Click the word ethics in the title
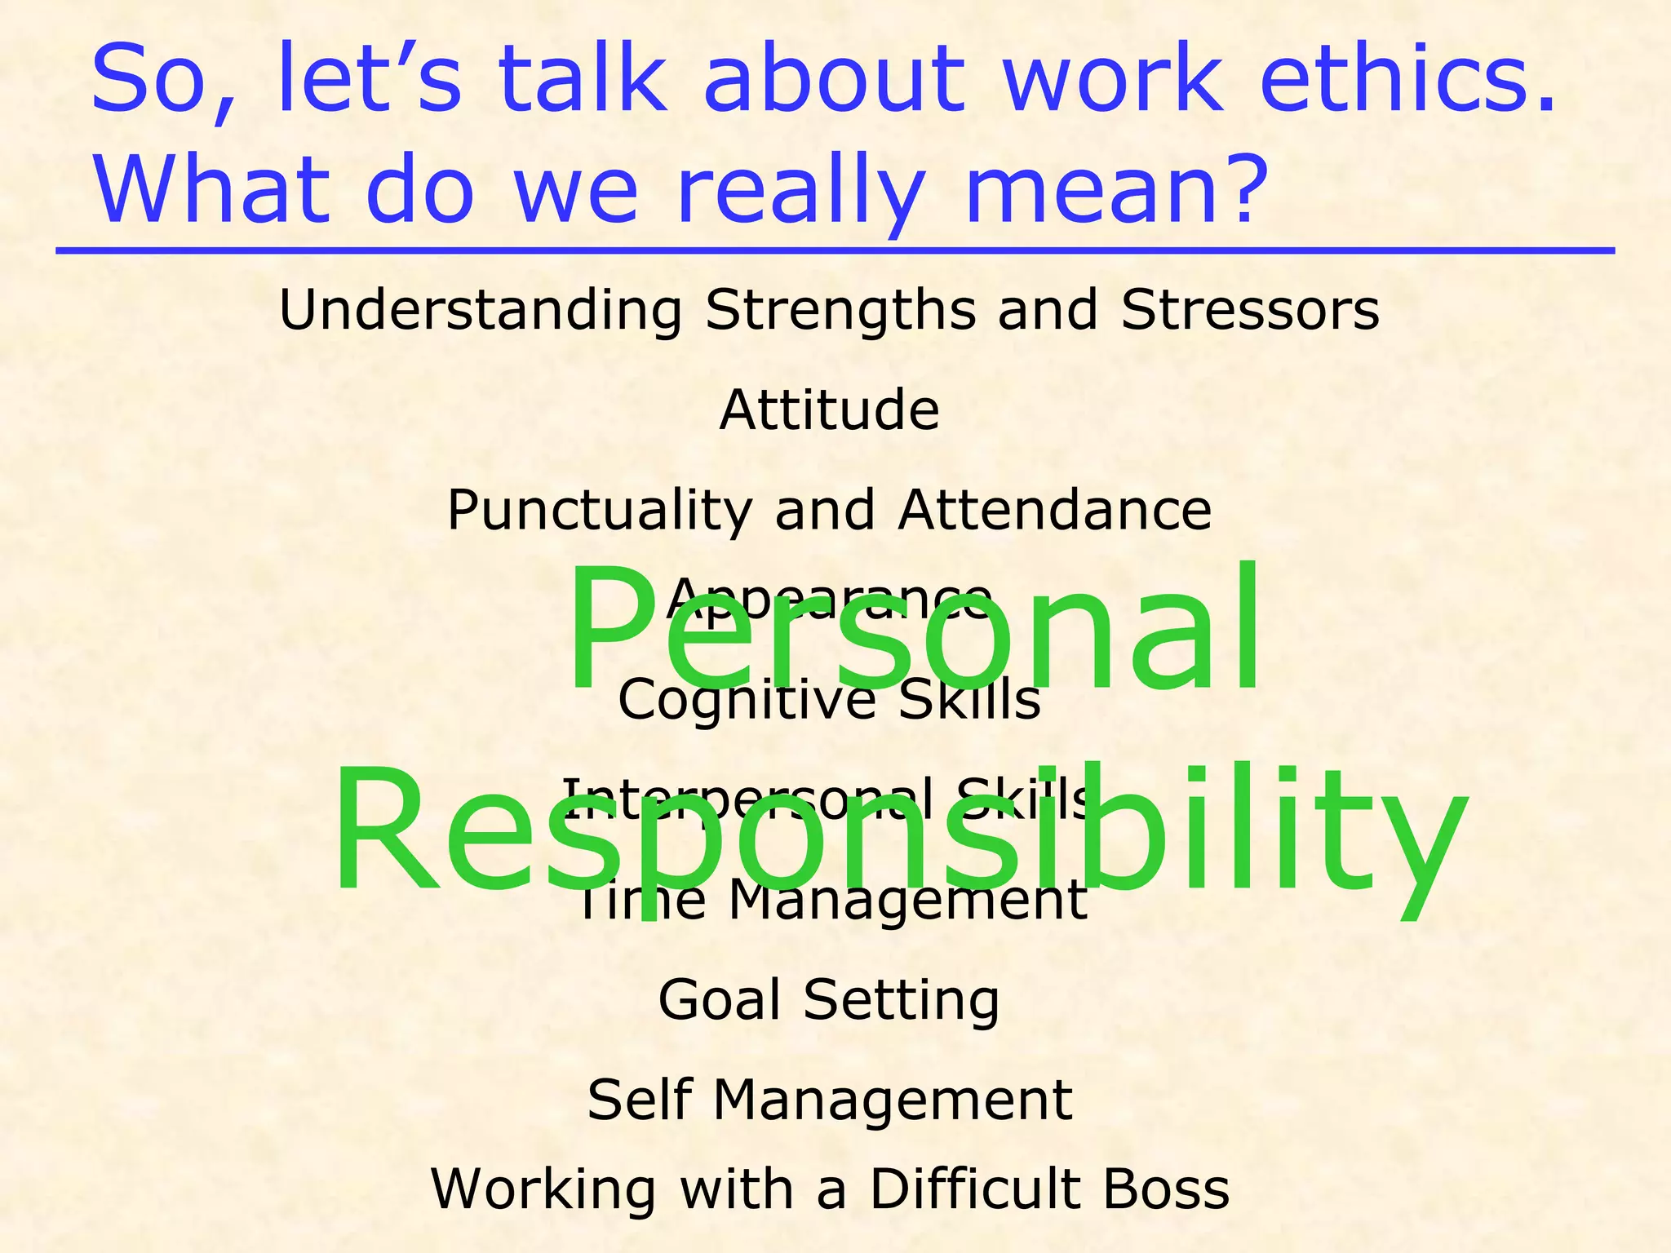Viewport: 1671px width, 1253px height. click(x=1407, y=79)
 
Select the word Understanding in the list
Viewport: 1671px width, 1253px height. click(x=481, y=311)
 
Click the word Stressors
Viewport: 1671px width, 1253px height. click(x=1250, y=311)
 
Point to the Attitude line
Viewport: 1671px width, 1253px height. click(x=829, y=410)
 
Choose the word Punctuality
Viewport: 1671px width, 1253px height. click(x=600, y=511)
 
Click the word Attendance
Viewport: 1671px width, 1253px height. click(x=1055, y=510)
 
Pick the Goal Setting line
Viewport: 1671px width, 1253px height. click(x=828, y=1000)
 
